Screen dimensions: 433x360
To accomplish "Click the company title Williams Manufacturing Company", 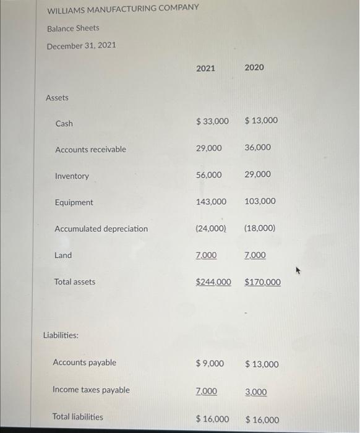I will coord(123,8).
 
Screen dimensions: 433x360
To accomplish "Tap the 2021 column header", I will coord(205,68).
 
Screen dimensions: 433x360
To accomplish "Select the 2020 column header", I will coord(254,67).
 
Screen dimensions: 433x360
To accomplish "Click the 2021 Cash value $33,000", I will coord(212,121).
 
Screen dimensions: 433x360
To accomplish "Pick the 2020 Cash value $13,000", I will coord(261,121).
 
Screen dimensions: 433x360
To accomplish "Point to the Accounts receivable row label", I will coord(90,150).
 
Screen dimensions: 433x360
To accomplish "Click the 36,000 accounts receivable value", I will coord(257,148).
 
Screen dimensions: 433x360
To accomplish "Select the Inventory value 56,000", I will coord(209,175).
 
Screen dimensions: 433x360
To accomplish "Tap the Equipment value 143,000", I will coord(211,202).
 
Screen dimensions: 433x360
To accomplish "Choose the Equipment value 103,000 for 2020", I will coord(260,202).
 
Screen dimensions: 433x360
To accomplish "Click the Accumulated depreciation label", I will coord(101,229).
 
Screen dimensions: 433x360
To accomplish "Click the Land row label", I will coord(63,255).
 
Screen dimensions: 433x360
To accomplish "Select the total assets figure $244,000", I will coord(213,282).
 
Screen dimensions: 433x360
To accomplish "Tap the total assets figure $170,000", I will coord(262,282).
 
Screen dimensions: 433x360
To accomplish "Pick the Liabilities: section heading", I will coord(61,336).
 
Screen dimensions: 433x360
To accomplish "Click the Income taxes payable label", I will coord(92,390).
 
